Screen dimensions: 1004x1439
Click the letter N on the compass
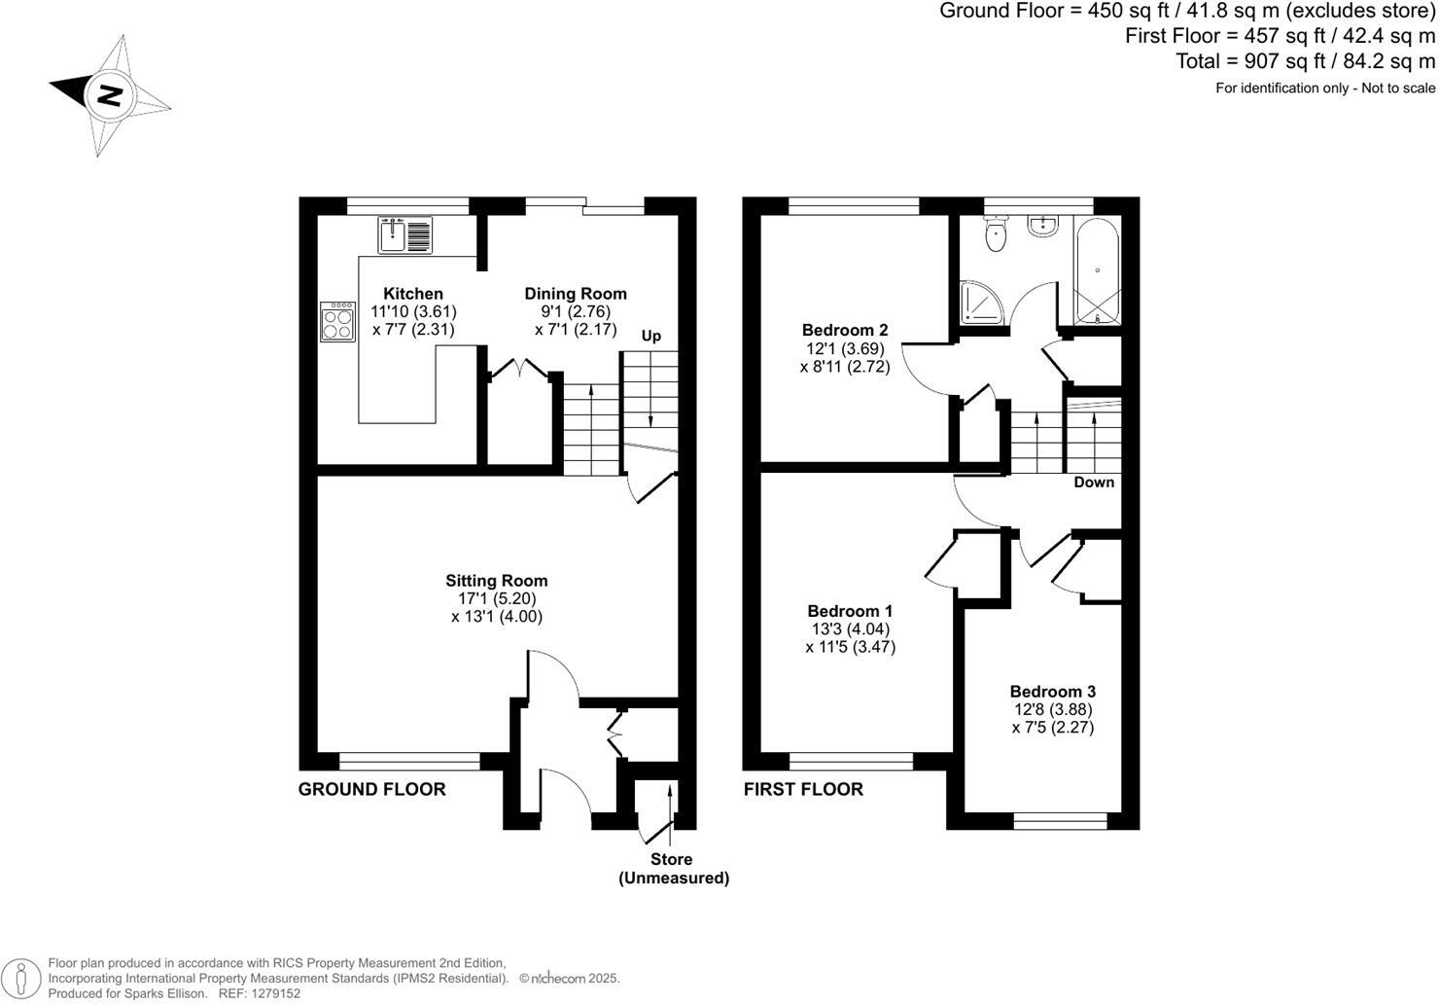[x=110, y=95]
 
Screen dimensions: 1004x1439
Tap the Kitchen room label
[x=413, y=294]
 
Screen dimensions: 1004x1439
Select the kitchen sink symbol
[x=405, y=235]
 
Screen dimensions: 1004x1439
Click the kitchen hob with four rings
[x=338, y=322]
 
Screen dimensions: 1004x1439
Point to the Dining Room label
[x=576, y=294]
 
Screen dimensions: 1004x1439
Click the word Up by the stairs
[x=650, y=337]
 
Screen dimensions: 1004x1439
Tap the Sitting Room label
[x=497, y=581]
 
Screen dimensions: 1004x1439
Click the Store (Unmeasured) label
[x=673, y=869]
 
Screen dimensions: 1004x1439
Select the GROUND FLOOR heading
[x=371, y=789]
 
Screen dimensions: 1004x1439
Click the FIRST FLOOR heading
[x=803, y=789]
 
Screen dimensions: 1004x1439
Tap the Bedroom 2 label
[x=845, y=330]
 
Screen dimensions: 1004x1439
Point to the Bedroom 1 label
[x=850, y=611]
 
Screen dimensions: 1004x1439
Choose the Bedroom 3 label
[x=1052, y=692]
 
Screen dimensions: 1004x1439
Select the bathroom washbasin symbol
[x=1043, y=226]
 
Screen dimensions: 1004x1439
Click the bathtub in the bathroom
[x=1097, y=269]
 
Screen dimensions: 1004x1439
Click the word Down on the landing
[x=1094, y=483]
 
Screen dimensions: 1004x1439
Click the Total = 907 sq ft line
[x=1305, y=61]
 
